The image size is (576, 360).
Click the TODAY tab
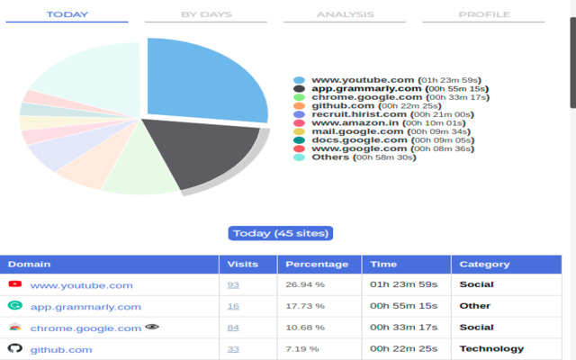(67, 14)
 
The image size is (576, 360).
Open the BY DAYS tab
(206, 14)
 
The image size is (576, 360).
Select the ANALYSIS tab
(345, 14)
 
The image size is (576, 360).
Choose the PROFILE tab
(483, 14)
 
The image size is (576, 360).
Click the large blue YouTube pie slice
(202, 81)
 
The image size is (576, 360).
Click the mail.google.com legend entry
(357, 131)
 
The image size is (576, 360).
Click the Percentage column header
(317, 265)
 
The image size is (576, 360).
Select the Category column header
(484, 265)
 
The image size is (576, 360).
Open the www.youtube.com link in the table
(81, 285)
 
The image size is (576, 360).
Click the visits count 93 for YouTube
(233, 285)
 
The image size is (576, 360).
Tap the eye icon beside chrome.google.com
(150, 327)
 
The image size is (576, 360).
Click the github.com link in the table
(61, 349)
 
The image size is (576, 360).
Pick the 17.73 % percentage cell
(306, 306)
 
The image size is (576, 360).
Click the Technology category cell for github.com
(491, 349)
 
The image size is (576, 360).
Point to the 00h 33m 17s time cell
(403, 328)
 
